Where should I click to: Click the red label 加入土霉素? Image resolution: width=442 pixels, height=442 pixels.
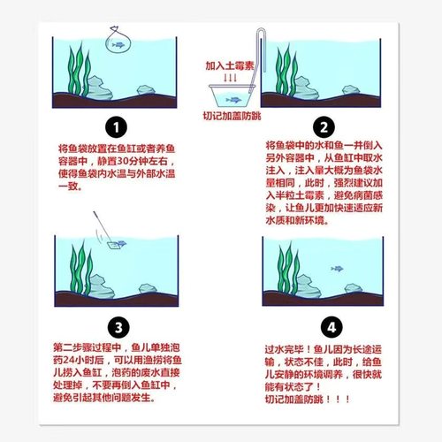pyautogui.click(x=229, y=65)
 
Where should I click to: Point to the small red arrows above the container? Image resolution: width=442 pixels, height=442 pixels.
pyautogui.click(x=229, y=78)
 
